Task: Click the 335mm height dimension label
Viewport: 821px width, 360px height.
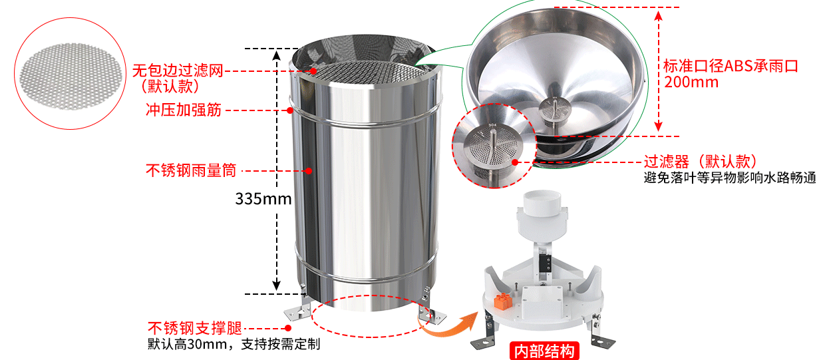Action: [x=263, y=199]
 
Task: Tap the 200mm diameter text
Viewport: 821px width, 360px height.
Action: [x=691, y=82]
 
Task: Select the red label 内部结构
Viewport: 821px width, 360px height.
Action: [x=544, y=351]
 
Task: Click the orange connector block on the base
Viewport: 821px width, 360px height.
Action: [x=502, y=301]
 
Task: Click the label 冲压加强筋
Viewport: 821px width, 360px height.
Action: [x=183, y=110]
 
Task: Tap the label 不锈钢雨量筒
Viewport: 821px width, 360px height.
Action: [x=191, y=170]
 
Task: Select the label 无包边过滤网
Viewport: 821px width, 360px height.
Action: [x=178, y=71]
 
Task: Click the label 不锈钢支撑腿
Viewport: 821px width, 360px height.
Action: [x=195, y=328]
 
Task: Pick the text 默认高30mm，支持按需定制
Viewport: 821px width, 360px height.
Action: [x=234, y=344]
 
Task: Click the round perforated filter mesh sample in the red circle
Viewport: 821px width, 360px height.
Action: [x=71, y=77]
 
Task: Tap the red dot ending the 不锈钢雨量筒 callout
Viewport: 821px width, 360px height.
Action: [x=309, y=171]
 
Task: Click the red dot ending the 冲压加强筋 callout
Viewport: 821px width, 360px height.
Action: [x=290, y=110]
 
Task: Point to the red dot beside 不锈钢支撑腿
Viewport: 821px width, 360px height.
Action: [x=288, y=328]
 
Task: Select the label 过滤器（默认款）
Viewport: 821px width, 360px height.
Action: [x=700, y=161]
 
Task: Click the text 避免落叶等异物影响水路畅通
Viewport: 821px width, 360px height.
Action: [x=730, y=178]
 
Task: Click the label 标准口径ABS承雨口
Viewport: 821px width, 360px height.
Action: [x=731, y=66]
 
